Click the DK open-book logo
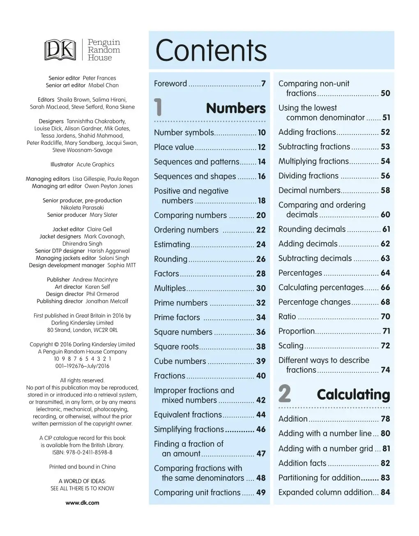[x=60, y=50]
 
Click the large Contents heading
[x=211, y=51]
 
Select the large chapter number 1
[x=159, y=108]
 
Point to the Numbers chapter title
[x=236, y=108]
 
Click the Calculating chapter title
[x=353, y=394]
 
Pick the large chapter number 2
[x=285, y=394]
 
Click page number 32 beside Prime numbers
[x=261, y=303]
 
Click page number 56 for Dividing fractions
[x=385, y=176]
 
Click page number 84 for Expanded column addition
[x=385, y=492]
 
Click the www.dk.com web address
[x=83, y=502]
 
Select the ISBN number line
[x=82, y=452]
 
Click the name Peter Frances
[x=99, y=78]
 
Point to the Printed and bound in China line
[x=82, y=466]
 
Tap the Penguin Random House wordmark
[x=104, y=50]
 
